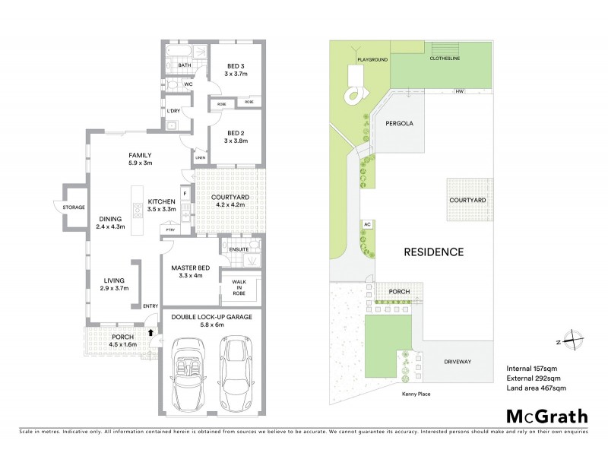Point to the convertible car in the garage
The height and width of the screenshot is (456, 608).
point(187,374)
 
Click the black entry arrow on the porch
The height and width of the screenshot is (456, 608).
point(151,331)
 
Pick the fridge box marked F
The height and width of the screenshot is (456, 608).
point(185,194)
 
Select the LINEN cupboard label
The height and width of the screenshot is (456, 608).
point(200,158)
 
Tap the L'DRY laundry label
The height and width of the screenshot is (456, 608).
point(173,112)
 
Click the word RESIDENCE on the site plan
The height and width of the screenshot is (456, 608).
point(433,252)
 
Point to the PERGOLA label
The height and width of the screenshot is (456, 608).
point(399,122)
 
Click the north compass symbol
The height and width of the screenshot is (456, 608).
point(578,341)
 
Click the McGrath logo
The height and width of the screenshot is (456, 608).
point(546,416)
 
